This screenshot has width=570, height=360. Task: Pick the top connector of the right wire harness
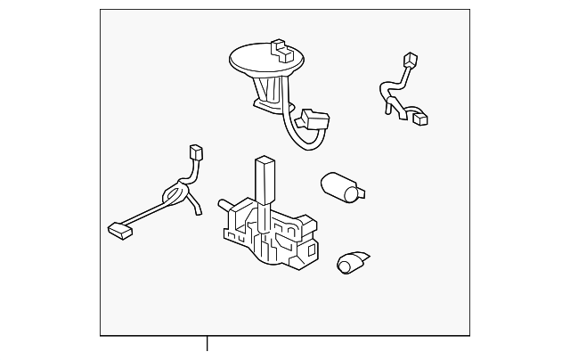coord(411,61)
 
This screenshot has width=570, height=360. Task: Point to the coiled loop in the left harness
coord(175,190)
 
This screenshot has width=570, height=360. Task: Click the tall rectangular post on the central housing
coord(265,177)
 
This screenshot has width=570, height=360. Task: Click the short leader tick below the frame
coord(208,343)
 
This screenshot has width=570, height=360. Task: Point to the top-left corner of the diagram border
coord(101,10)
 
